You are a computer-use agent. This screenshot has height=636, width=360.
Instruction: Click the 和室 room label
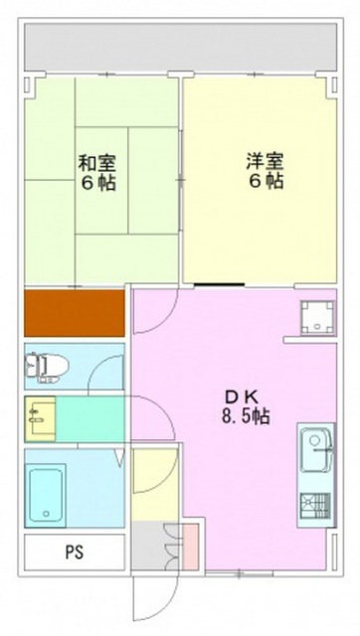point(96,162)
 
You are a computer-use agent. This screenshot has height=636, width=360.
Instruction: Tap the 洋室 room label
point(266,161)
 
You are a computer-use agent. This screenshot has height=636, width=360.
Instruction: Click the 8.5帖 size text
point(246,415)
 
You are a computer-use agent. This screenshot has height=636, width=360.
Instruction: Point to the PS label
point(75,553)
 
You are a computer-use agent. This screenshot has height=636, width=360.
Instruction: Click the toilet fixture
point(47,367)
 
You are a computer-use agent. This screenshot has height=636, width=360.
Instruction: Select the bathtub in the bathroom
point(46,495)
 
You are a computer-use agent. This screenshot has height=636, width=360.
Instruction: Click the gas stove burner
point(315,506)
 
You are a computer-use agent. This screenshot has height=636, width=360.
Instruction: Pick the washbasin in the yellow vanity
point(40,418)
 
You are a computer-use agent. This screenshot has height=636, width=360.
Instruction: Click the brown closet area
point(75,313)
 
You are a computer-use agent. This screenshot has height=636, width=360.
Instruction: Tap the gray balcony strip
point(181,47)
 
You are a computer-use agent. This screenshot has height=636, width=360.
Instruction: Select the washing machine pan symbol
point(317,318)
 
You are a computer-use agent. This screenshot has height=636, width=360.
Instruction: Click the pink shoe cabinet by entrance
point(190,546)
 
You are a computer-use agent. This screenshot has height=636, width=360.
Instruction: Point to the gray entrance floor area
point(155,546)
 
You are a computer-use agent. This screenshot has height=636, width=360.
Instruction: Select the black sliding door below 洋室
point(219,285)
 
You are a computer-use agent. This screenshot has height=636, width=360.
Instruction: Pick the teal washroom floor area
point(90,418)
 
